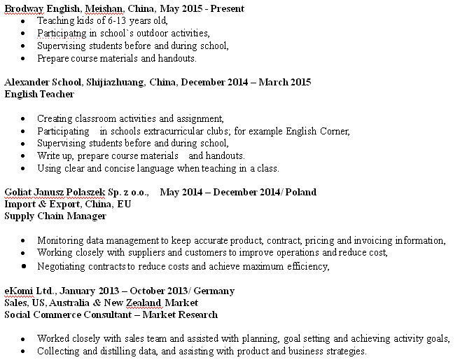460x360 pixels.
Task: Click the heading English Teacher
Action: click(39, 94)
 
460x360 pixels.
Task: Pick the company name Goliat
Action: click(18, 192)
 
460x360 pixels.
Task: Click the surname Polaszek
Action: click(86, 192)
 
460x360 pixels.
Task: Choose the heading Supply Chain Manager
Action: click(55, 216)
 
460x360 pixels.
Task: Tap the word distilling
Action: click(110, 351)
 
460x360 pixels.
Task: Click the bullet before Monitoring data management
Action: click(25, 240)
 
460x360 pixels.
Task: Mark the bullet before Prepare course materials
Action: click(25, 58)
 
